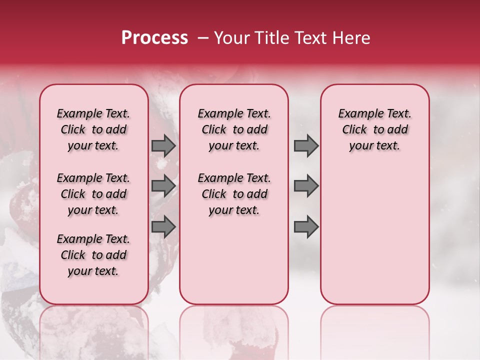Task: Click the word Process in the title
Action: coord(154,38)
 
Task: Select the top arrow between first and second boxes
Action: coord(163,145)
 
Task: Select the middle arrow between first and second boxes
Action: coord(163,186)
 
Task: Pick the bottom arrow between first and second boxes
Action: coord(163,227)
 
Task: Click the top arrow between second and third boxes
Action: coord(306,145)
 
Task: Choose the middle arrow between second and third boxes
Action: coord(306,186)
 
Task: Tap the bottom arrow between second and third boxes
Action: coord(306,227)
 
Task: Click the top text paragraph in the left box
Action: coord(93,129)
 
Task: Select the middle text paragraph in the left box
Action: coord(93,194)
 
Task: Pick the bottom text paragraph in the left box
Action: coord(93,255)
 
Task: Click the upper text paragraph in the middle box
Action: coord(234,129)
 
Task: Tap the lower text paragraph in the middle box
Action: coord(234,194)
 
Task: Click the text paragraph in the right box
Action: coord(375,129)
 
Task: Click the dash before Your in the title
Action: coord(202,38)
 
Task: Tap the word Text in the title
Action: coord(309,38)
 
